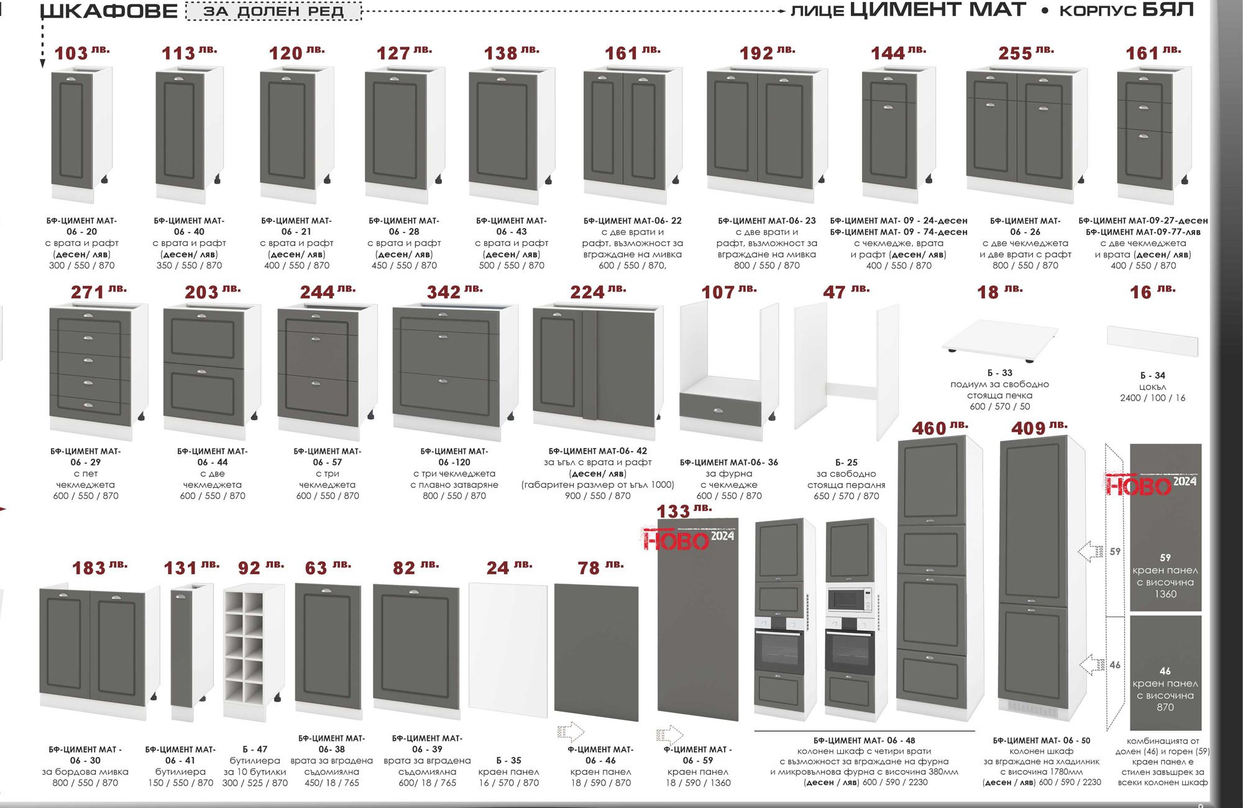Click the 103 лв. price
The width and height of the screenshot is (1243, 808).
tap(81, 53)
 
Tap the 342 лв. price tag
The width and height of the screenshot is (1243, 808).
tap(454, 292)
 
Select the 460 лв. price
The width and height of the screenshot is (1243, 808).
tap(940, 428)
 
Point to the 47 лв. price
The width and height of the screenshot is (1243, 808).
tap(846, 292)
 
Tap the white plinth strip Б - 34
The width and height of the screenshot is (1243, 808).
tap(1152, 341)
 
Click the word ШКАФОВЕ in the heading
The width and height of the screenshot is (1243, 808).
tap(109, 11)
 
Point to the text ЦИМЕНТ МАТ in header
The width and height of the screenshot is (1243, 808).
tap(938, 10)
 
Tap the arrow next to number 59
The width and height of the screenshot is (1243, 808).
tap(1091, 551)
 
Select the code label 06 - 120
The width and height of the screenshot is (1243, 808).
tap(454, 462)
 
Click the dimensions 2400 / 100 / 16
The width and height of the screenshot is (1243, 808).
tap(1152, 398)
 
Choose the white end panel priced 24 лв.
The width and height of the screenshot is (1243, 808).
tap(508, 650)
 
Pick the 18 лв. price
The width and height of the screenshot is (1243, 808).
tap(999, 292)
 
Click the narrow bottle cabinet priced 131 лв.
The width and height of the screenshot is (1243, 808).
tap(184, 652)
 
